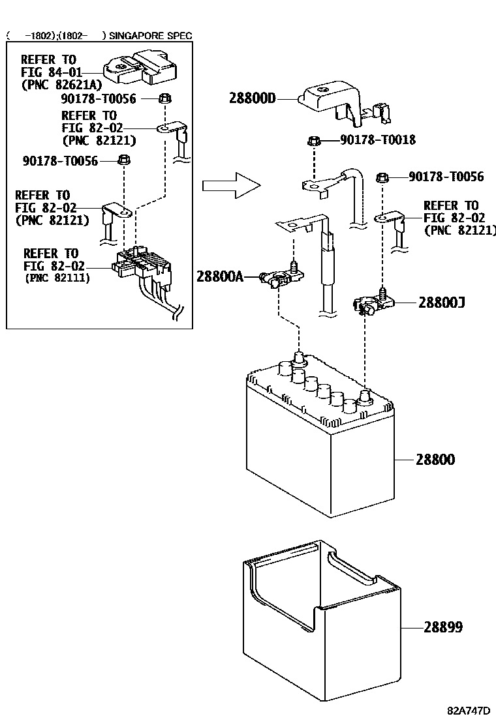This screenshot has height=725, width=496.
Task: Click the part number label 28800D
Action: pyautogui.click(x=253, y=98)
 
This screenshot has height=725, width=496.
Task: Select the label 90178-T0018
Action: pyautogui.click(x=378, y=140)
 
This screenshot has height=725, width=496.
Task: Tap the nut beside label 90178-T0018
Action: pyautogui.click(x=314, y=140)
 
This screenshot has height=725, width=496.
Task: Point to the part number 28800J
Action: pyautogui.click(x=441, y=303)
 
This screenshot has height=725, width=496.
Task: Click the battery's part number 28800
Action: pyautogui.click(x=435, y=460)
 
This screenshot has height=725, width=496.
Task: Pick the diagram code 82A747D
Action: pyautogui.click(x=469, y=711)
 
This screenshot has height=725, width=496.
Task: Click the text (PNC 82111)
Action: pyautogui.click(x=57, y=278)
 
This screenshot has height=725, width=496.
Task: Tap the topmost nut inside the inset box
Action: pyautogui.click(x=165, y=99)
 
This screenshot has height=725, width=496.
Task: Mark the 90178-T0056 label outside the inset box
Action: pyautogui.click(x=446, y=177)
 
